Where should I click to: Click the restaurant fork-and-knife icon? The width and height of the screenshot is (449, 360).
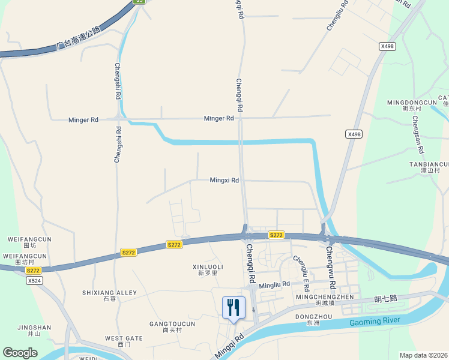pos(234,308)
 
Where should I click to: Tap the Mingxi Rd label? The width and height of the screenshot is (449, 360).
pos(224,180)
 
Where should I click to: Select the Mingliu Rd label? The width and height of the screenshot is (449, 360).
pos(274,284)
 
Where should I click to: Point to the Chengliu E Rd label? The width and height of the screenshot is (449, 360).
pos(301,268)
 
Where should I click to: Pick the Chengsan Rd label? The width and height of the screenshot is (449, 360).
pos(418,133)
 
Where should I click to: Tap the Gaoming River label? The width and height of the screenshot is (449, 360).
pos(375,322)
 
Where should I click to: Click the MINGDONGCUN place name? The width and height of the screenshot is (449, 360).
pos(412,103)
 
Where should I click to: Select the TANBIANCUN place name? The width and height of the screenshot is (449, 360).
pos(428,164)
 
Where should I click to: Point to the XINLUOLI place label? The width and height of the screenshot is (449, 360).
pos(207,266)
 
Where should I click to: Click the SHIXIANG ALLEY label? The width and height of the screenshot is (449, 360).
pos(110,293)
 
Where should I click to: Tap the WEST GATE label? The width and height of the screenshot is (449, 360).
pos(124,338)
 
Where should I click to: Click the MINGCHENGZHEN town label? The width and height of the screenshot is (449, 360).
pos(325,297)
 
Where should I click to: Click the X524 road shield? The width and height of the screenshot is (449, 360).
pos(34,280)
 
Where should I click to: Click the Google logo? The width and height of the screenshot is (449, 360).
pos(20,353)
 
